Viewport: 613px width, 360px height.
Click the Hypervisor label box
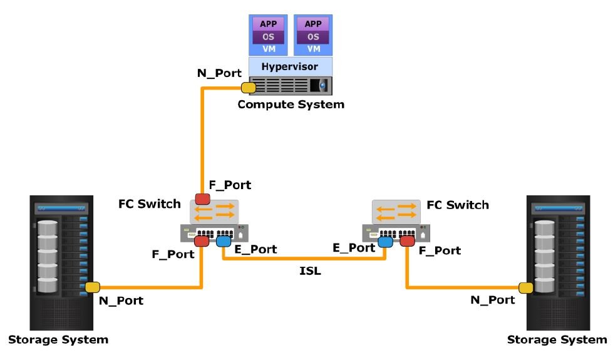point(291,66)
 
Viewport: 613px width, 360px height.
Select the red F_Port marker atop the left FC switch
point(202,199)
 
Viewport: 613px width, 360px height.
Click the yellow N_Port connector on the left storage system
point(92,287)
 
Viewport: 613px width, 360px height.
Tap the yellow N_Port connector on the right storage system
point(525,287)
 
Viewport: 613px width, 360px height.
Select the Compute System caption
point(291,105)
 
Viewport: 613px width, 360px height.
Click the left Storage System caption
point(58,340)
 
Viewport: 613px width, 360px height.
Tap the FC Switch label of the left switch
point(150,204)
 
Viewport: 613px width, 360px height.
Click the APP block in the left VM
point(268,24)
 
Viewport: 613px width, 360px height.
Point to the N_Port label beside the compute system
point(215,73)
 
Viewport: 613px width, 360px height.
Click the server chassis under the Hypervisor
point(291,85)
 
